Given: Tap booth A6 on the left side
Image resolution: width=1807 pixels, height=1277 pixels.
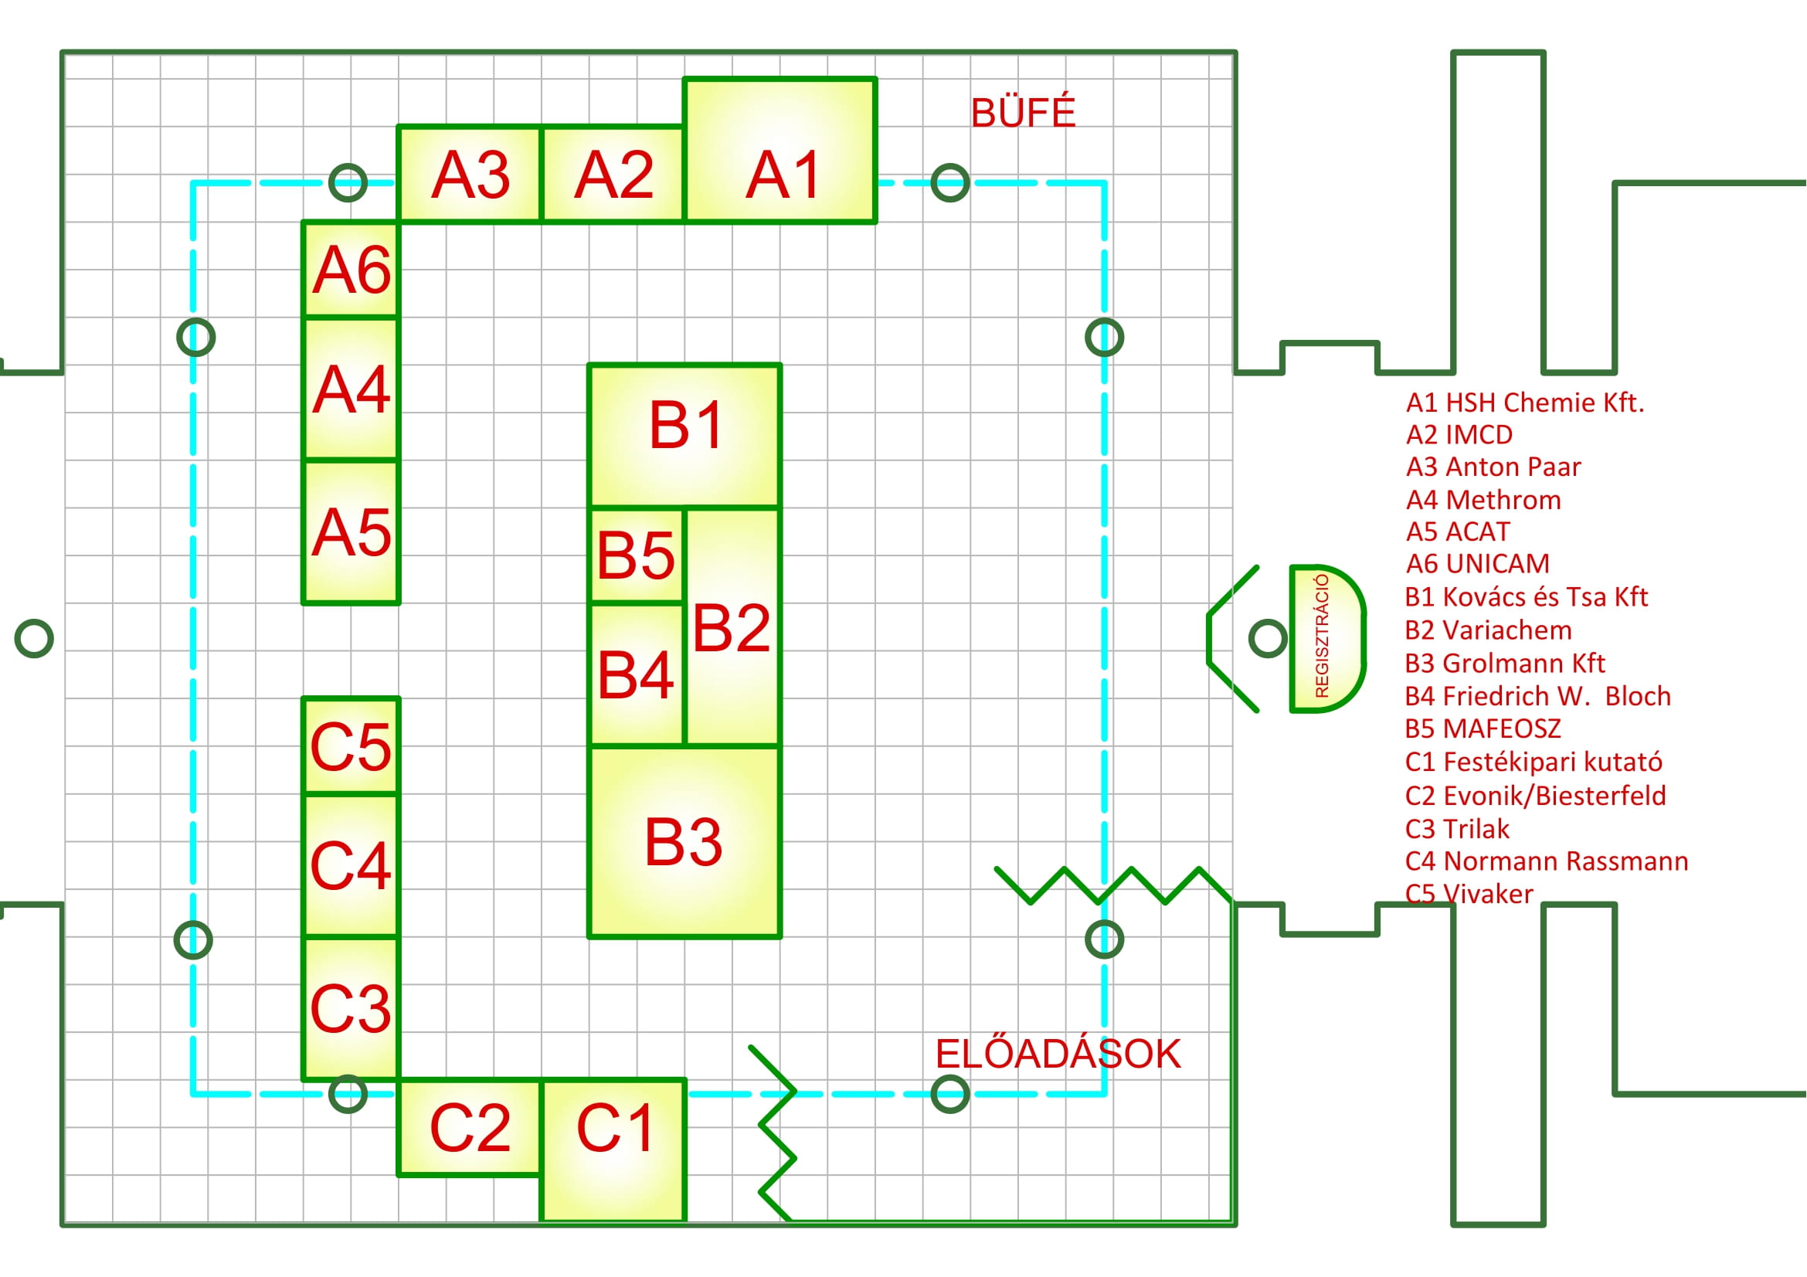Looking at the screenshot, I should tap(351, 270).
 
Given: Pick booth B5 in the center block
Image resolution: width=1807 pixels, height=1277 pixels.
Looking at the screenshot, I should tap(637, 555).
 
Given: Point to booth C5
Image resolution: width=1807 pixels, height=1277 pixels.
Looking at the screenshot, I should tap(351, 746).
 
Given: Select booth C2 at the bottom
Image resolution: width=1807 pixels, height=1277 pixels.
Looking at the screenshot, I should tap(470, 1127).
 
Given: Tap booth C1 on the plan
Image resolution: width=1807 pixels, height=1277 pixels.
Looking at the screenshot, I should tap(614, 1137).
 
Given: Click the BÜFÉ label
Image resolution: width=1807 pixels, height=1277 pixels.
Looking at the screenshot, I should tap(1022, 114).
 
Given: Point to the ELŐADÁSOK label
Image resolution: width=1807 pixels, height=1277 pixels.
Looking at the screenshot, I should tap(1058, 1055).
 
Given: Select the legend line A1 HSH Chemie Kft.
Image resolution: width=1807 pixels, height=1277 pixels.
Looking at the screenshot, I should tap(1524, 402).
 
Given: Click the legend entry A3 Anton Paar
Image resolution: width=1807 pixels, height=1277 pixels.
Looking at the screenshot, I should tap(1493, 467).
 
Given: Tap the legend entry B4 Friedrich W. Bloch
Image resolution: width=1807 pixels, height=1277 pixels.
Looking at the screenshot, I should tap(1537, 696).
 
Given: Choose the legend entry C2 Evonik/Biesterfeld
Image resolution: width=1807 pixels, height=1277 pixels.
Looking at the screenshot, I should tap(1535, 796).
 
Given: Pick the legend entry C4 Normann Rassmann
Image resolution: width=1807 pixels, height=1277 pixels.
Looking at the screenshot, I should tap(1546, 861).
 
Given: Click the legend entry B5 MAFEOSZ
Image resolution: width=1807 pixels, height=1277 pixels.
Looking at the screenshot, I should tap(1482, 729).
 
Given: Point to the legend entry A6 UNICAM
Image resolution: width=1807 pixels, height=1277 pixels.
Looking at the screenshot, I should tap(1477, 564).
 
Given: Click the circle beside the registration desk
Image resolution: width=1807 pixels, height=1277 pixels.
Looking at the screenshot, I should tap(1268, 638).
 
